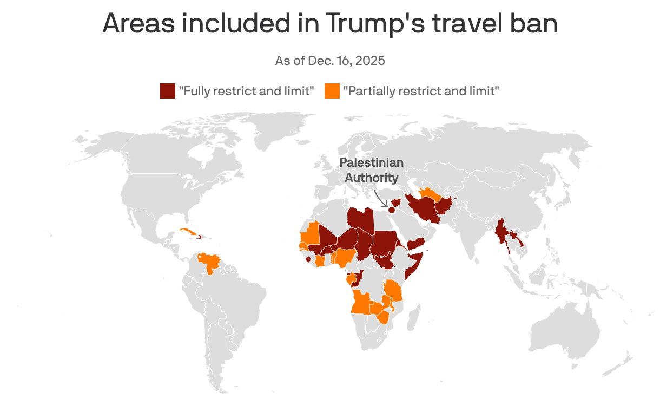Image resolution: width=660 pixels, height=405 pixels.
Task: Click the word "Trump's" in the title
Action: coord(373,24)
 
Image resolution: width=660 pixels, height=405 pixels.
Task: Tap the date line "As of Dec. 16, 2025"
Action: coord(330,60)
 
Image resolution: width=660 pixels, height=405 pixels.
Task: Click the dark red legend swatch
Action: coord(167,91)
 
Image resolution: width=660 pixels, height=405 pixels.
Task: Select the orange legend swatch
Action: coord(332,91)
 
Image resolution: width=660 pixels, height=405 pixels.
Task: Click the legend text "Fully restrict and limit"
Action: coord(247,91)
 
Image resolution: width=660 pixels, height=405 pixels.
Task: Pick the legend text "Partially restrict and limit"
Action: coord(421,91)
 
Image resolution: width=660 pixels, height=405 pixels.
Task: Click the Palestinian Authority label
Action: coord(372,170)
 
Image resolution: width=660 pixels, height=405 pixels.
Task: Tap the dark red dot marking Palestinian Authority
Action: coord(392,210)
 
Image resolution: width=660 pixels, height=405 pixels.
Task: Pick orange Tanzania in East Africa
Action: coord(394,292)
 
